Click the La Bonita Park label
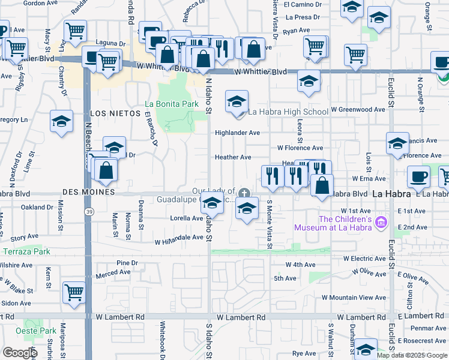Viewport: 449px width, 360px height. [178, 104]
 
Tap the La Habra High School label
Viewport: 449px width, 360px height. [288, 112]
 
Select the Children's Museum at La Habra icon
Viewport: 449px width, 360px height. [379, 223]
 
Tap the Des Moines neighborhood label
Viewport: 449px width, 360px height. [88, 192]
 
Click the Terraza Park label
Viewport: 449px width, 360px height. [26, 251]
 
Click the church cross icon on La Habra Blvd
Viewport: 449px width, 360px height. [244, 193]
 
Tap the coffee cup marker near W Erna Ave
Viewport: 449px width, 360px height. [418, 177]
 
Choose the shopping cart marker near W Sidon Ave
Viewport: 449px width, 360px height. [74, 292]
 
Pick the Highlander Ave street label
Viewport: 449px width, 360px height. [237, 133]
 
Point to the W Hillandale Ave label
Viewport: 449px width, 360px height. [179, 239]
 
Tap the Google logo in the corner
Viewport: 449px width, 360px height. [20, 353]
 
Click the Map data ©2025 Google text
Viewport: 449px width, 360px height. [412, 355]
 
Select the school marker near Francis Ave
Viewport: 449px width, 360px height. [397, 143]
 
